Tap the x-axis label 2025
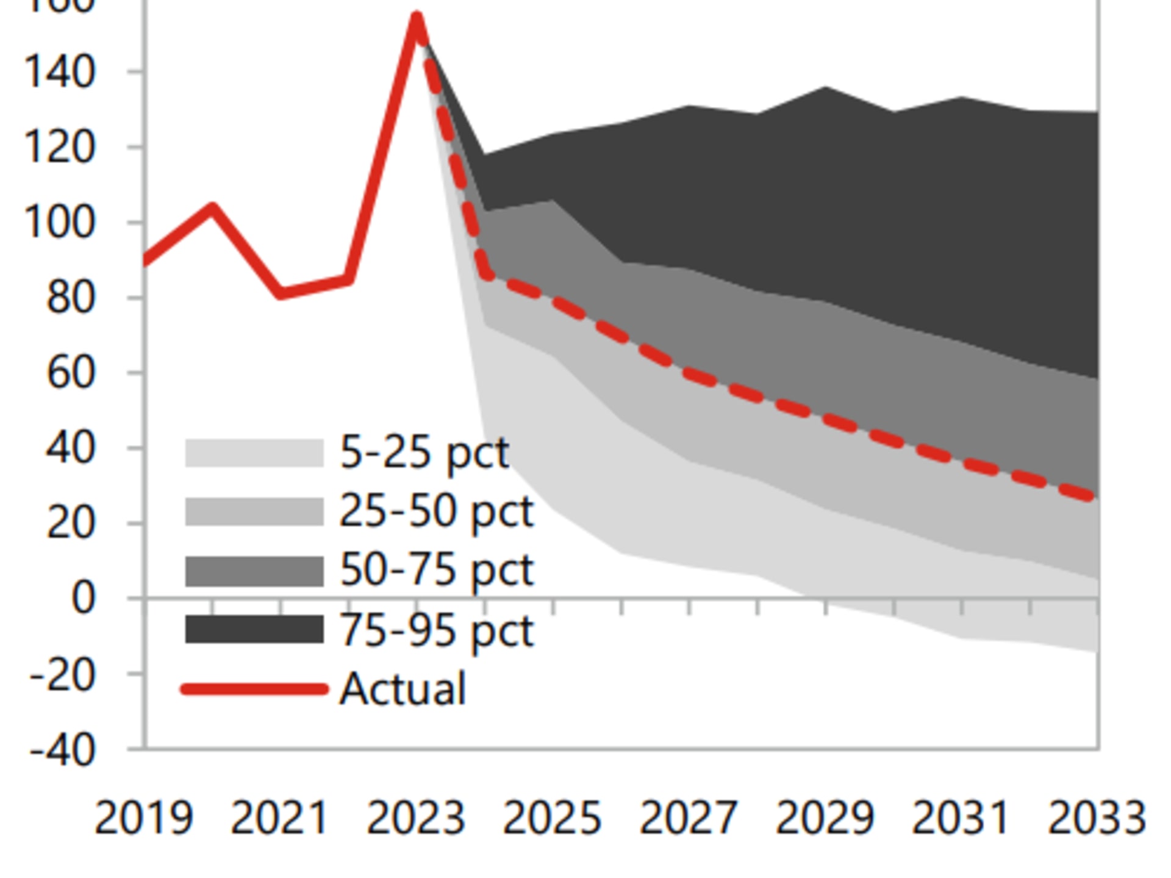coord(552,818)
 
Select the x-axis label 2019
coord(144,818)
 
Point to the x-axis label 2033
coord(1097,818)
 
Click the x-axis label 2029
coord(825,818)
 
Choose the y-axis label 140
coord(59,73)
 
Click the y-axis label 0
coord(83,599)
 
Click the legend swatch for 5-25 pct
coord(254,453)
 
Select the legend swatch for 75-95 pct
coord(254,629)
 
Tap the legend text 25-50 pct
coord(436,511)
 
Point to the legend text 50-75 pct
coord(436,570)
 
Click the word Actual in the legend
coord(403,689)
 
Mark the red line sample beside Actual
coord(254,689)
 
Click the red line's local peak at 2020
coord(212,208)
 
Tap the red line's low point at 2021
coord(281,293)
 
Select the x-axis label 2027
coord(689,818)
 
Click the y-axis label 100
coord(59,223)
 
